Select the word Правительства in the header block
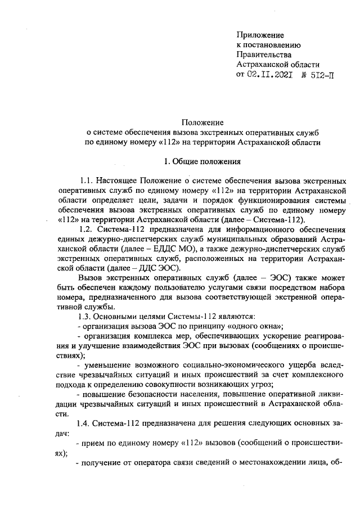tap(264, 55)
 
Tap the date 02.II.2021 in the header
tap(269, 75)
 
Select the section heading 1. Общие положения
tap(202, 163)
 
